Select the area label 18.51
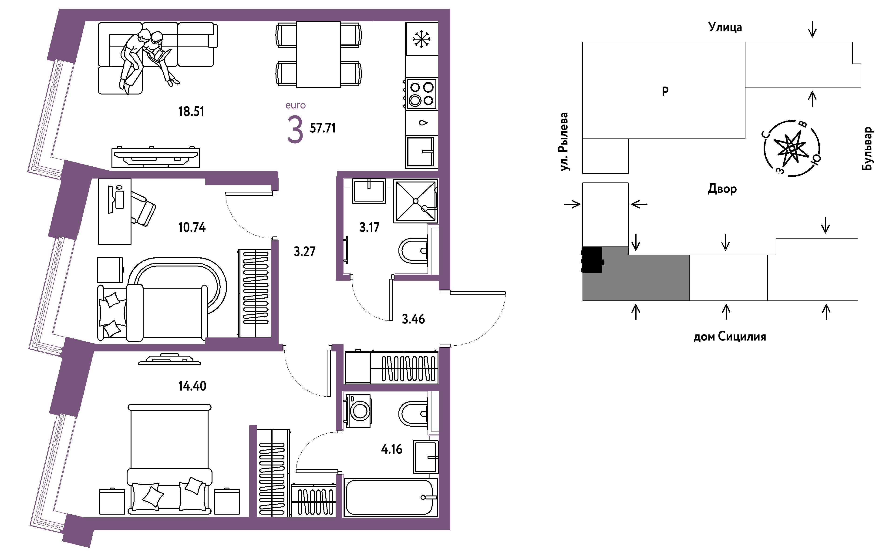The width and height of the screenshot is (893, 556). coord(191,111)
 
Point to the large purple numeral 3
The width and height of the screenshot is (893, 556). coord(295,129)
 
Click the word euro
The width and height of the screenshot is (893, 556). coord(296,105)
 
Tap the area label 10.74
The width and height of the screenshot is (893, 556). coord(192,227)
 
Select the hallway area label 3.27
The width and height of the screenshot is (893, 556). coord(304,252)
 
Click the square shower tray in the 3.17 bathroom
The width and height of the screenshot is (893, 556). coord(415,201)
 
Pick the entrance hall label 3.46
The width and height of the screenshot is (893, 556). coord(413,319)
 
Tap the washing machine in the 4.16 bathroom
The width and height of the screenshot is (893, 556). coord(358,411)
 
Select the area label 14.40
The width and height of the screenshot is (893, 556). coord(192,386)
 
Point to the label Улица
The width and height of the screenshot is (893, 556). coord(725,27)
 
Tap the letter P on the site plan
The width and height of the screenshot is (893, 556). coord(665,91)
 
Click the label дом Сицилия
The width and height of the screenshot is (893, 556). coord(730,337)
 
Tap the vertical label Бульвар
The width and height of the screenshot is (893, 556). coord(867,148)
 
